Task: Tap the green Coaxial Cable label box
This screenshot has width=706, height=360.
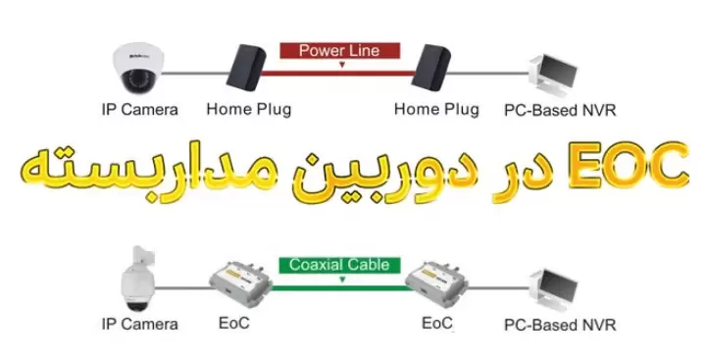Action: pos(338,265)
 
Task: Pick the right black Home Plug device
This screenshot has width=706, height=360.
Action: pos(432,68)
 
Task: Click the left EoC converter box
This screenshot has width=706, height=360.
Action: pos(241,285)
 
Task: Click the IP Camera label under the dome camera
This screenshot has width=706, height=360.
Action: pos(140,110)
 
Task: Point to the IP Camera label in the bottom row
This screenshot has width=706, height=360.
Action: pos(140,323)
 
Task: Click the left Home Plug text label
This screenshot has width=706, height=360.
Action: pos(249,110)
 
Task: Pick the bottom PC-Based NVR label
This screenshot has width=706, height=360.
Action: pos(560,324)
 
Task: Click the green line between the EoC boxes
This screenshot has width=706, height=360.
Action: pos(338,286)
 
